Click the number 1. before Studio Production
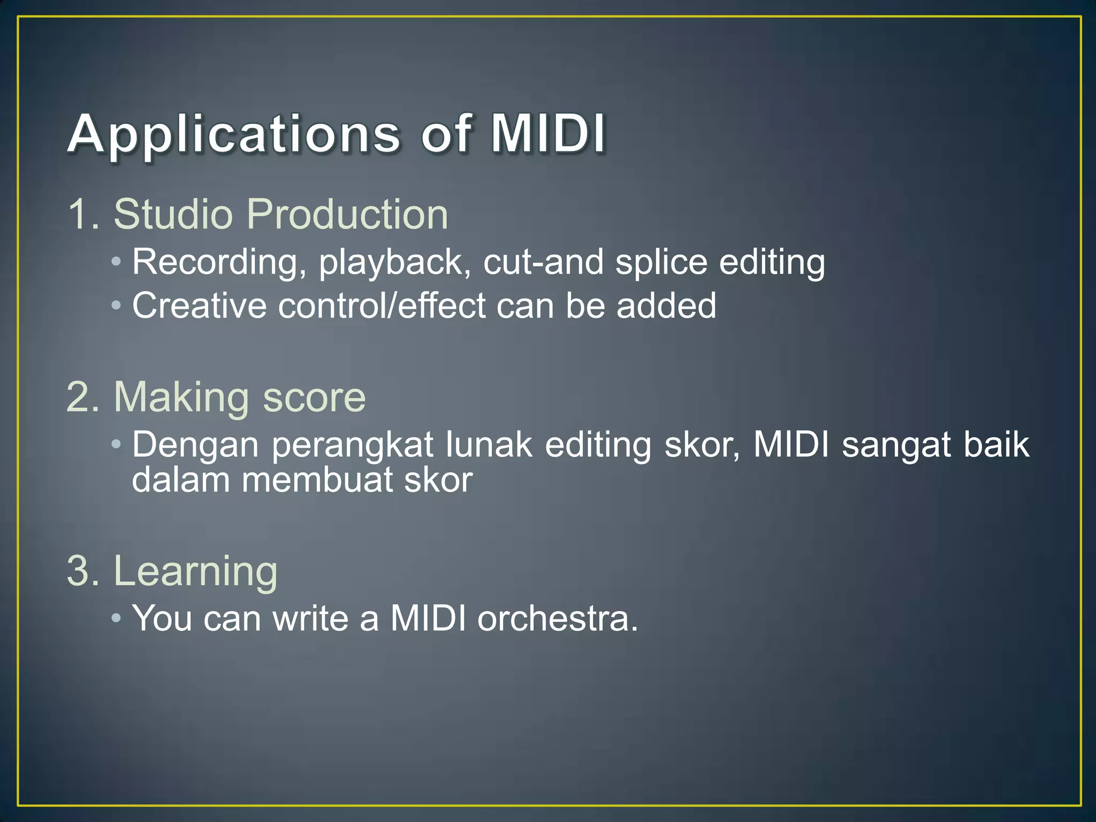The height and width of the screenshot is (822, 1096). [x=83, y=215]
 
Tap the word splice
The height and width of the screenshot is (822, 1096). [x=661, y=262]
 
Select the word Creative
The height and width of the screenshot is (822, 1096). [x=199, y=306]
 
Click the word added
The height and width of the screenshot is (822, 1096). [x=666, y=306]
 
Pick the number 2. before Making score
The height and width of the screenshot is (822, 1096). [x=83, y=398]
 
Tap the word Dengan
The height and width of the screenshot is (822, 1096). [x=195, y=446]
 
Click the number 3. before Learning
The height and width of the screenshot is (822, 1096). [x=83, y=572]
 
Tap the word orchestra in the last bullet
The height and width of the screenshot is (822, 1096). [x=557, y=619]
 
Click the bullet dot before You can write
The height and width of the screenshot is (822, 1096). [x=117, y=619]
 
